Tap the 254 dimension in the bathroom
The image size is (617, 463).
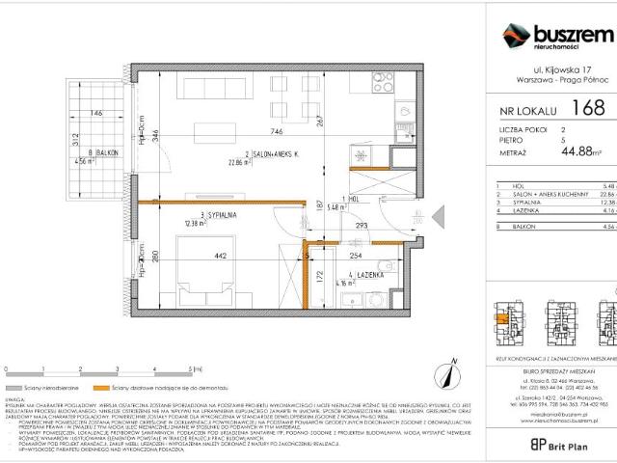(x=355, y=257)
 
